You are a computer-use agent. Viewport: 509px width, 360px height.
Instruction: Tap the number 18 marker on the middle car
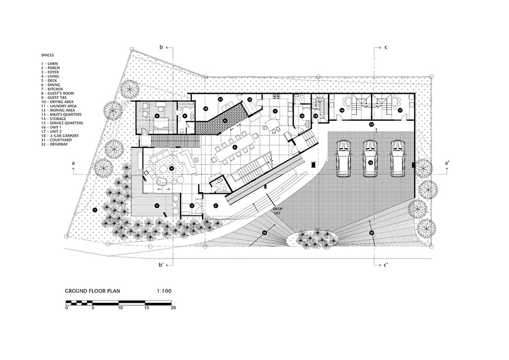tap(370, 162)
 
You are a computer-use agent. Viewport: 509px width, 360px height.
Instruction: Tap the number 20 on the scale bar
tap(173, 308)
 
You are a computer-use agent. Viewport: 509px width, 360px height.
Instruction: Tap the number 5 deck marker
tap(157, 205)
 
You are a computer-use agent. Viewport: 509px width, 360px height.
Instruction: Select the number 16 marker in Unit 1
tap(342, 110)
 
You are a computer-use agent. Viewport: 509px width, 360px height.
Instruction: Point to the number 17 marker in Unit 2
tap(399, 110)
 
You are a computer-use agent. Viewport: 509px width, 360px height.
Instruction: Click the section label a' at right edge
tap(447, 163)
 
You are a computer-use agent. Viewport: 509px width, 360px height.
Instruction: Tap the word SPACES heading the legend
tap(48, 55)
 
